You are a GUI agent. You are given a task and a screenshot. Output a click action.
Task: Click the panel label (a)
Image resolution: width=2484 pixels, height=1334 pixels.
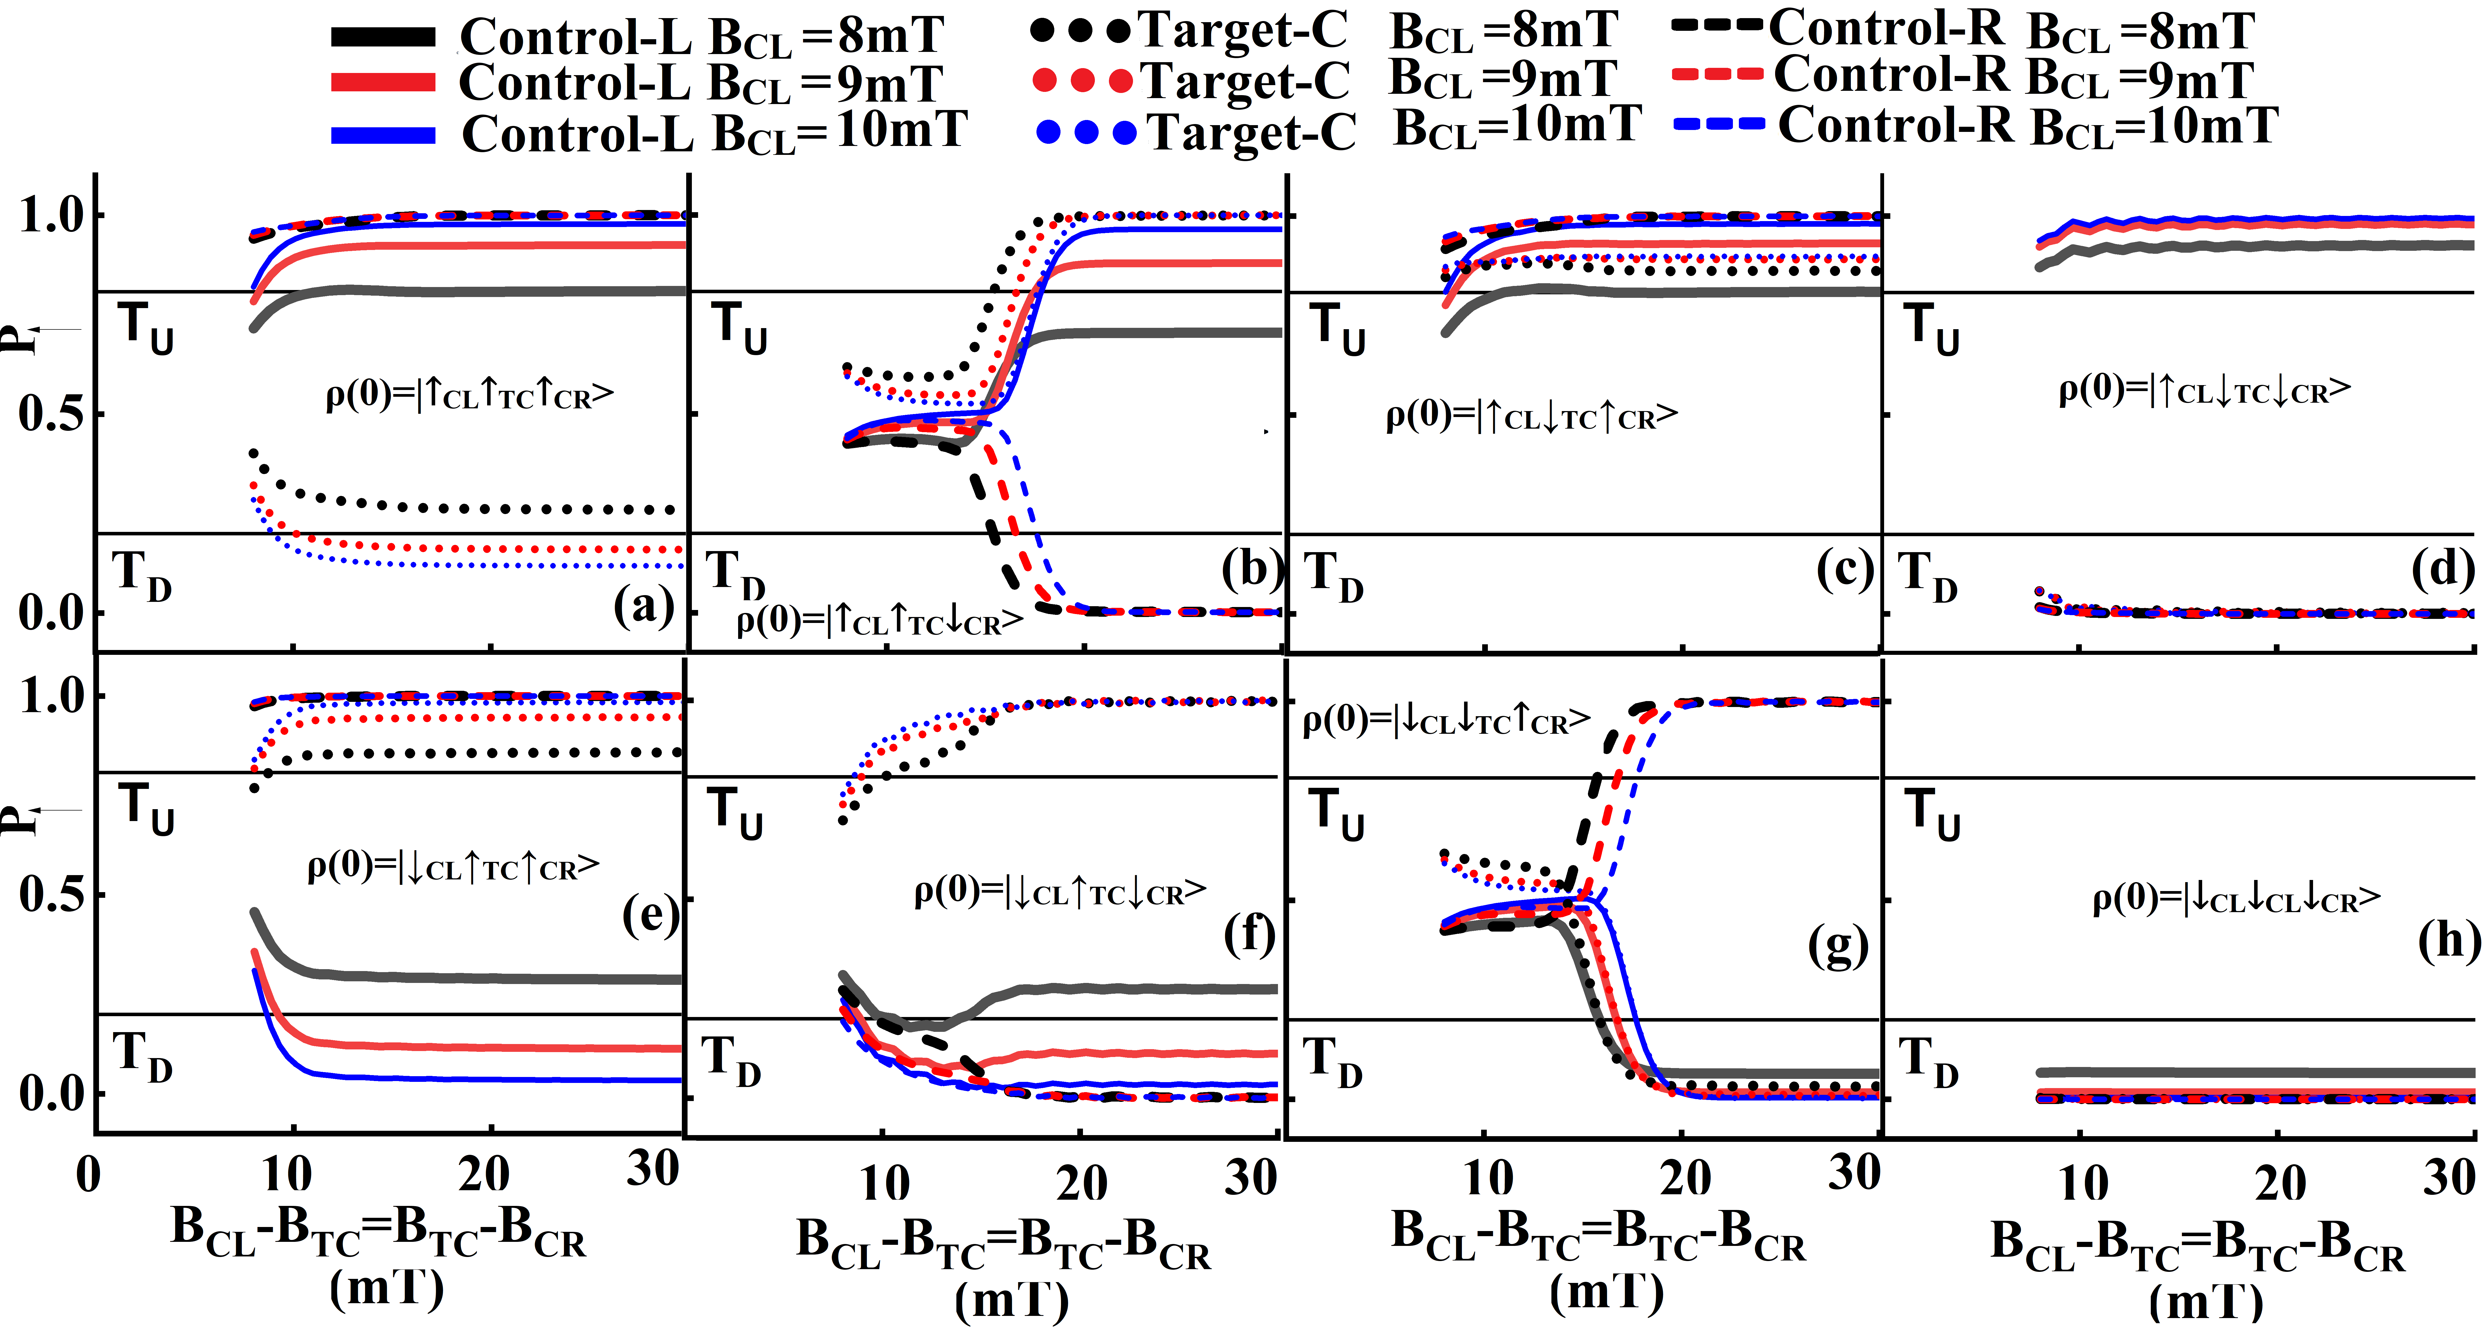pyautogui.click(x=643, y=607)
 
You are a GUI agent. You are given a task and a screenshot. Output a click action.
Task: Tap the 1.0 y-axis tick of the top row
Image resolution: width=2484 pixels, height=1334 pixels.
pyautogui.click(x=53, y=214)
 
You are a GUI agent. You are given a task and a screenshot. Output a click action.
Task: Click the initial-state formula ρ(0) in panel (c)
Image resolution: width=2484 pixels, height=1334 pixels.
pyautogui.click(x=1531, y=415)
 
